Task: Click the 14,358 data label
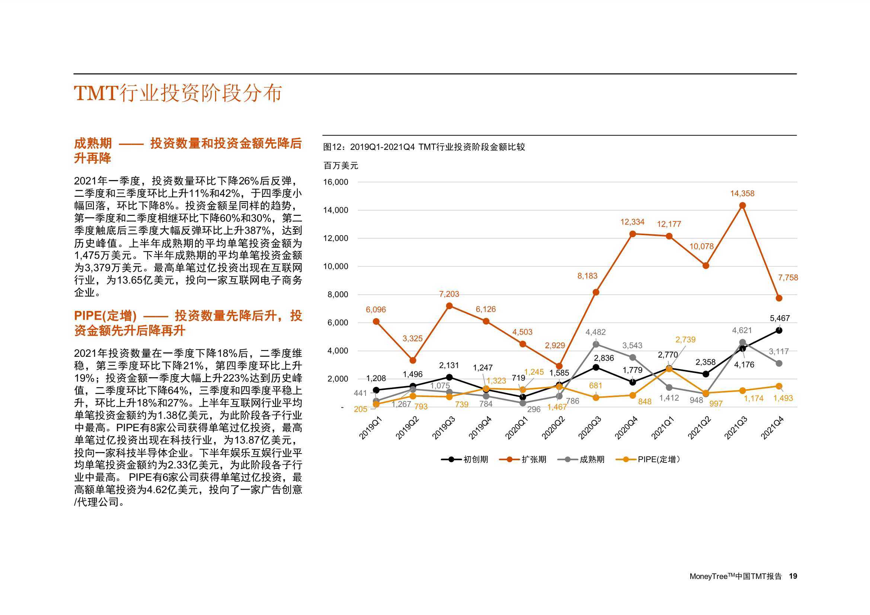[x=742, y=193]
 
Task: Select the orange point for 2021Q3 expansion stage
[x=742, y=205]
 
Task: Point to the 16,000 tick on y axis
[x=335, y=182]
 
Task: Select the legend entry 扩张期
[x=523, y=459]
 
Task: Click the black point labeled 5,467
[x=779, y=330]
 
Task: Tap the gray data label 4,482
[x=595, y=332]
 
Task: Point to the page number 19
[x=793, y=576]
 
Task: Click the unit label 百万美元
[x=340, y=166]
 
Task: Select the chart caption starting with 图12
[x=424, y=147]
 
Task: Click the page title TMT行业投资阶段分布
[x=178, y=93]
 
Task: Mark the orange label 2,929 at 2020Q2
[x=555, y=346]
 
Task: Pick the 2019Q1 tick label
[x=370, y=428]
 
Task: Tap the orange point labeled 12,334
[x=633, y=234]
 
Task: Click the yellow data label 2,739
[x=685, y=340]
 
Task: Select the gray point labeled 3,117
[x=779, y=363]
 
